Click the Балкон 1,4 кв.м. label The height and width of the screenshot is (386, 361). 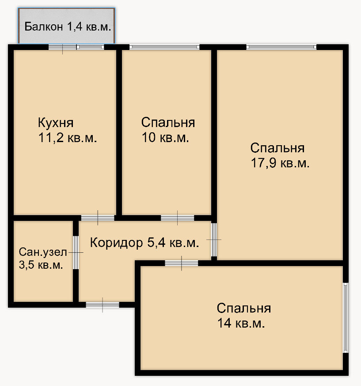[68, 27]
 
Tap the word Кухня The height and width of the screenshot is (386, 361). [56, 123]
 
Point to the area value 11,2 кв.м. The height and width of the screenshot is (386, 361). [68, 138]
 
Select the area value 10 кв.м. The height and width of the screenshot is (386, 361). [165, 138]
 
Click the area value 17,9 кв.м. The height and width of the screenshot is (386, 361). [280, 163]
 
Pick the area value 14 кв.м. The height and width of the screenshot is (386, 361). [241, 323]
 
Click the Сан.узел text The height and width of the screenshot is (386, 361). [43, 252]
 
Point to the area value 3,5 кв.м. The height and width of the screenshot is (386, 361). [41, 265]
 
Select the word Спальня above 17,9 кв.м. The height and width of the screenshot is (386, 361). [277, 148]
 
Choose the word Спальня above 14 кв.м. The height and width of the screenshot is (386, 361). [244, 308]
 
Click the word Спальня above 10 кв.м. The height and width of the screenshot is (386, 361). [168, 123]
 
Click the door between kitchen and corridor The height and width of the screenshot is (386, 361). [98, 217]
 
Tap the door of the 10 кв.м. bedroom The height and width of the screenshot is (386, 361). [177, 217]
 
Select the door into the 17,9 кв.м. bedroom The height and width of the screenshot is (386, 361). [214, 239]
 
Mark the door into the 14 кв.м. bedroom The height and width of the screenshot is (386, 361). [182, 263]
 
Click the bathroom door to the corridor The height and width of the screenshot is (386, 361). [76, 252]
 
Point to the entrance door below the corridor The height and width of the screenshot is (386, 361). [103, 305]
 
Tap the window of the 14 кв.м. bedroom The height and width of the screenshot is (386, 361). [346, 318]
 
